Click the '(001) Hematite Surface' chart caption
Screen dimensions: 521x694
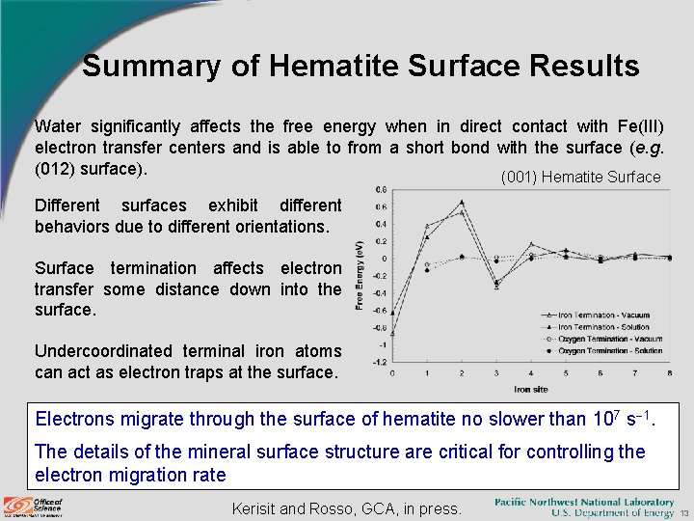pos(580,177)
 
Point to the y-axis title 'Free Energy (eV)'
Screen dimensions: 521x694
pos(360,275)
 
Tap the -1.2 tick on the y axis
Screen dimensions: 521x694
pos(381,362)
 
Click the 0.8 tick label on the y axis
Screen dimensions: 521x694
pos(382,189)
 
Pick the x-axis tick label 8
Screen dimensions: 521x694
pos(669,373)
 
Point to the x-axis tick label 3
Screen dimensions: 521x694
pos(495,373)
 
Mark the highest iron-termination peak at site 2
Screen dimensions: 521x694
pos(462,202)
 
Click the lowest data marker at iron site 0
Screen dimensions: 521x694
pos(392,333)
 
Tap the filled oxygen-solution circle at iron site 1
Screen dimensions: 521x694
pos(427,270)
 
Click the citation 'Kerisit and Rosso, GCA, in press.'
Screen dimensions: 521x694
pos(347,507)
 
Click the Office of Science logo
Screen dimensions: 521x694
pos(35,506)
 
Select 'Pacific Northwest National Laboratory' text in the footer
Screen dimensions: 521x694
pos(584,502)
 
